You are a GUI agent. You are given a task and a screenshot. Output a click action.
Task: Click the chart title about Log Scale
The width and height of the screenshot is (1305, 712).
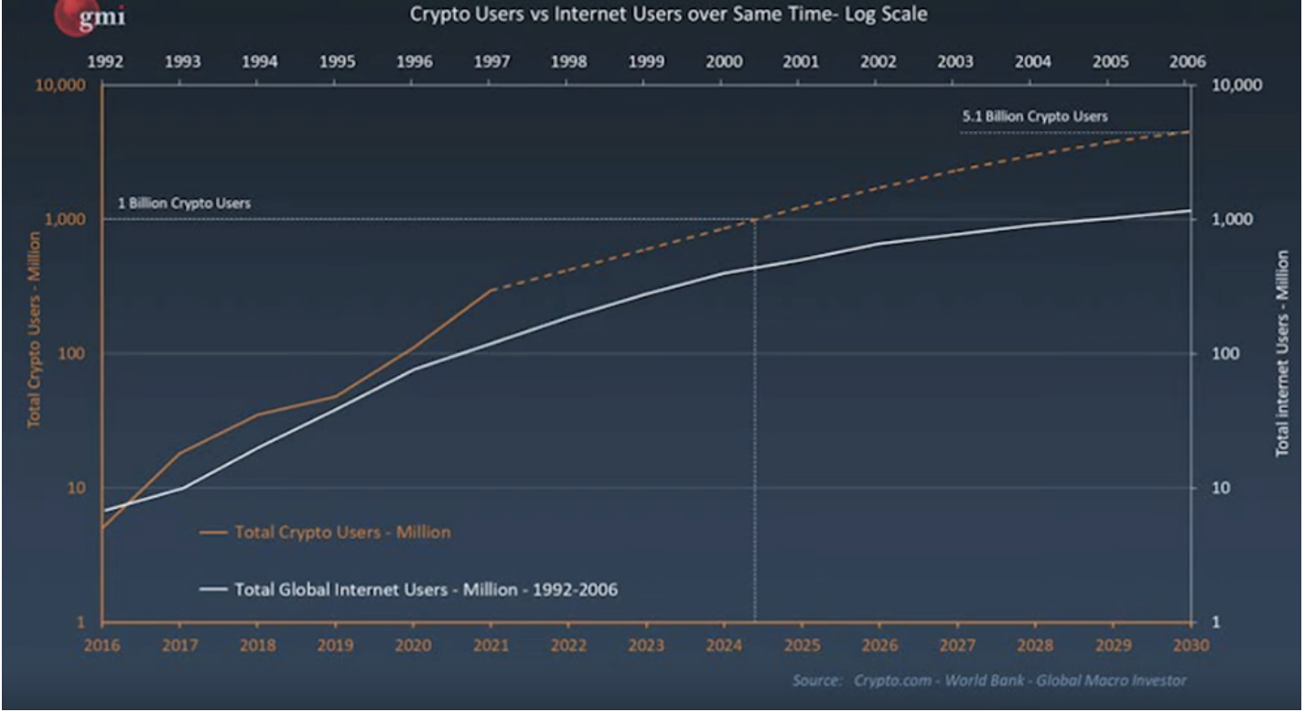[x=668, y=16]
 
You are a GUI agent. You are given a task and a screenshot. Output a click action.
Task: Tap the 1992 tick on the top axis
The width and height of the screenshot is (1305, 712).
[x=105, y=62]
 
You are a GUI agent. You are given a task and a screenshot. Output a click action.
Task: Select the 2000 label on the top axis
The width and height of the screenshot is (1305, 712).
[x=724, y=62]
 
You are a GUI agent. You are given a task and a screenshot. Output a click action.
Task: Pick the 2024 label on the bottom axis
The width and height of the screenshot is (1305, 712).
[x=724, y=644]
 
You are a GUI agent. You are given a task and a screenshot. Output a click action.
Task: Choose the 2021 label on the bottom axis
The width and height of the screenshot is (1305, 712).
[x=491, y=644]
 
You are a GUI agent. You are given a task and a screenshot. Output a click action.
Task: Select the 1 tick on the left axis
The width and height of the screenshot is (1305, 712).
[x=81, y=622]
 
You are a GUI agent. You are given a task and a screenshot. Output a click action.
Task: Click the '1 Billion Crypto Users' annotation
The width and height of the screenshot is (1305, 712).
[x=184, y=203]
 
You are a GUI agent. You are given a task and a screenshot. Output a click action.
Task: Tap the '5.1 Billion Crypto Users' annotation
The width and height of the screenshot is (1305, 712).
[x=1034, y=116]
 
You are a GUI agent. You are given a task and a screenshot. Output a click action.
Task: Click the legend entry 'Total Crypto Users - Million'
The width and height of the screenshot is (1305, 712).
[x=342, y=532]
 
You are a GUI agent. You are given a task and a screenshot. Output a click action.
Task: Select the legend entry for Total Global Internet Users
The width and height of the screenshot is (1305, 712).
[x=426, y=589]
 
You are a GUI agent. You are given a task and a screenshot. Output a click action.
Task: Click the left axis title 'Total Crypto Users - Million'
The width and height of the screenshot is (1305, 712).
[x=34, y=329]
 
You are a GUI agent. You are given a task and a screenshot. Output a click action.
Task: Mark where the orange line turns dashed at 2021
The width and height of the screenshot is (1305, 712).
[x=491, y=290]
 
